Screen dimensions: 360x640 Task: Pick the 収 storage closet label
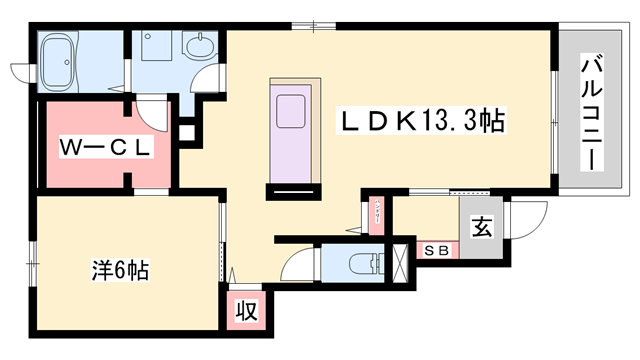click(x=245, y=309)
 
